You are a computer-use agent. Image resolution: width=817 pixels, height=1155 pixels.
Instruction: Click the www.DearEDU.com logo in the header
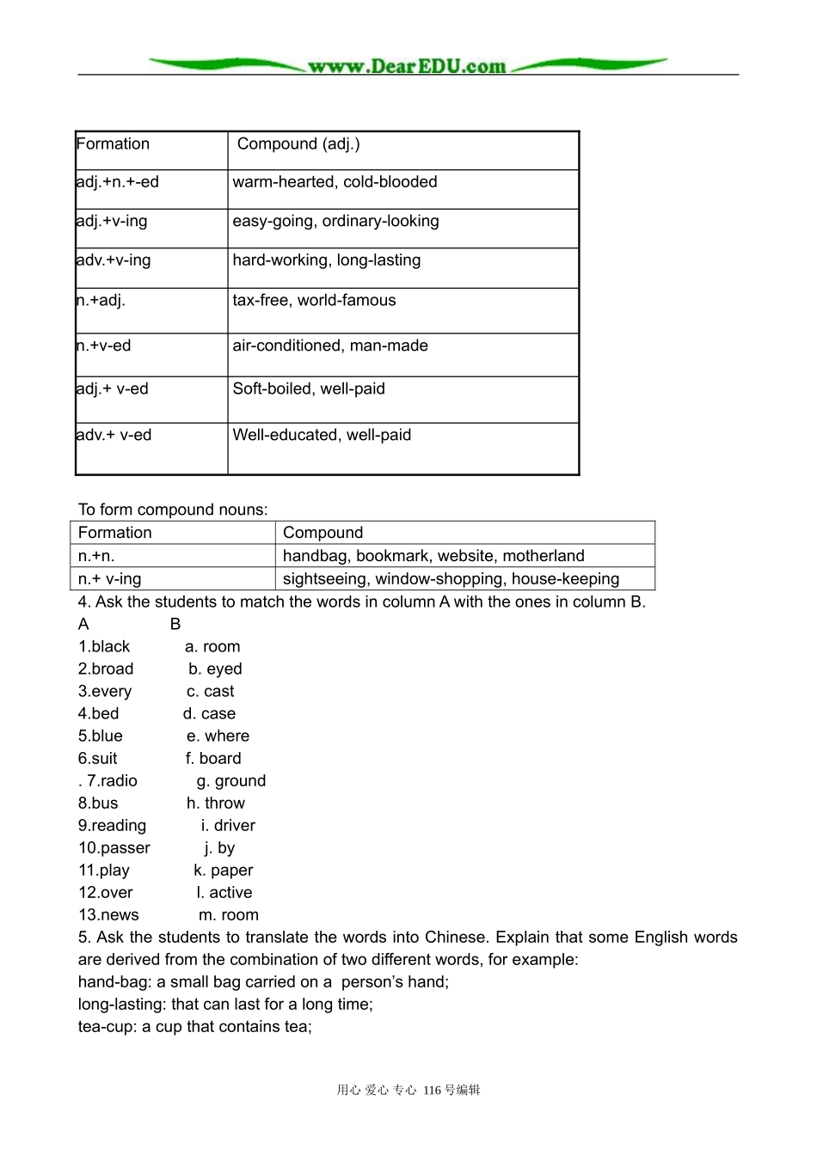pyautogui.click(x=408, y=66)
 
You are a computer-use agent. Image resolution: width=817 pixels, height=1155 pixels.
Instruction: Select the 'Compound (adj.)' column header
pyautogui.click(x=298, y=144)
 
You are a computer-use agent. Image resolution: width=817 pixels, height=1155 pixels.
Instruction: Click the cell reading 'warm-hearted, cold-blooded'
pyautogui.click(x=335, y=182)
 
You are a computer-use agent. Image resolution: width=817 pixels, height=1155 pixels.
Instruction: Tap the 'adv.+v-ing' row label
pyautogui.click(x=114, y=260)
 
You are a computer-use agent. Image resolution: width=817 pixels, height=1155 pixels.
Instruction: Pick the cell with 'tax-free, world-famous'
pyautogui.click(x=314, y=301)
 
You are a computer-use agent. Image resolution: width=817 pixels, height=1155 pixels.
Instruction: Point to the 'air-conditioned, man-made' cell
pyautogui.click(x=330, y=346)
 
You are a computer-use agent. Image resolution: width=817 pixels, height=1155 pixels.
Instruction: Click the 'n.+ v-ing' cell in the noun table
pyautogui.click(x=110, y=579)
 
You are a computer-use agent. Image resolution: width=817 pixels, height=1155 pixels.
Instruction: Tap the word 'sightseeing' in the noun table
pyautogui.click(x=324, y=579)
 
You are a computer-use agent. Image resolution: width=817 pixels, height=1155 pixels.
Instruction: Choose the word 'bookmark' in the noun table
pyautogui.click(x=391, y=556)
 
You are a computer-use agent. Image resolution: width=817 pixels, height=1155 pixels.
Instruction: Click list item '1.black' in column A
pyautogui.click(x=104, y=647)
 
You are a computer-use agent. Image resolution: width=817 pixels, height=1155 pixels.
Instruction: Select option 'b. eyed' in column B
pyautogui.click(x=215, y=669)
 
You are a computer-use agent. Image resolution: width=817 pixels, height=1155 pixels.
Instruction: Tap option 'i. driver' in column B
pyautogui.click(x=228, y=826)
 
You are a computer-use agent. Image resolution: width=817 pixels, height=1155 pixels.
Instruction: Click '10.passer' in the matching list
pyautogui.click(x=114, y=848)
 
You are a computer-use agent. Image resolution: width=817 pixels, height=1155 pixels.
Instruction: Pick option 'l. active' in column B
pyautogui.click(x=224, y=893)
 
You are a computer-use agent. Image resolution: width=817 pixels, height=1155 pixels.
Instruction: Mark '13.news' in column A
pyautogui.click(x=108, y=915)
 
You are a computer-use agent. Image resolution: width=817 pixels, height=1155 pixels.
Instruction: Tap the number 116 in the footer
pyautogui.click(x=432, y=1091)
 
